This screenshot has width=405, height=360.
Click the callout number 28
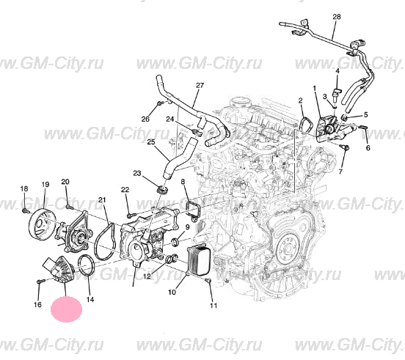pyautogui.click(x=337, y=17)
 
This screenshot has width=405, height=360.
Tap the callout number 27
pyautogui.click(x=200, y=85)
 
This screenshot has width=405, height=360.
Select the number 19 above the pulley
pyautogui.click(x=45, y=185)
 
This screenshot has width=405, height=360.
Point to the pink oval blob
pyautogui.click(x=66, y=309)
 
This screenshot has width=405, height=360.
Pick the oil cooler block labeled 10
pyautogui.click(x=198, y=260)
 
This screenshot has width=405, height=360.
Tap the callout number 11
pyautogui.click(x=214, y=306)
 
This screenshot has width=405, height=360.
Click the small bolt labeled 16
pyautogui.click(x=40, y=281)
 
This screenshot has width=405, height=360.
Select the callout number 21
pyautogui.click(x=102, y=199)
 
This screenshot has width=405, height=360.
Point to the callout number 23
pyautogui.click(x=137, y=172)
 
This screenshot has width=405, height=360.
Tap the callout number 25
pyautogui.click(x=151, y=142)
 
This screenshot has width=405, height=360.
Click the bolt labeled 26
pyautogui.click(x=160, y=103)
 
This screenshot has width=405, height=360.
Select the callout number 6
pyautogui.click(x=368, y=148)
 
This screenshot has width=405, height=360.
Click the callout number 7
pyautogui.click(x=340, y=172)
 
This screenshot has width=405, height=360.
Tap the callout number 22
pyautogui.click(x=125, y=190)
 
